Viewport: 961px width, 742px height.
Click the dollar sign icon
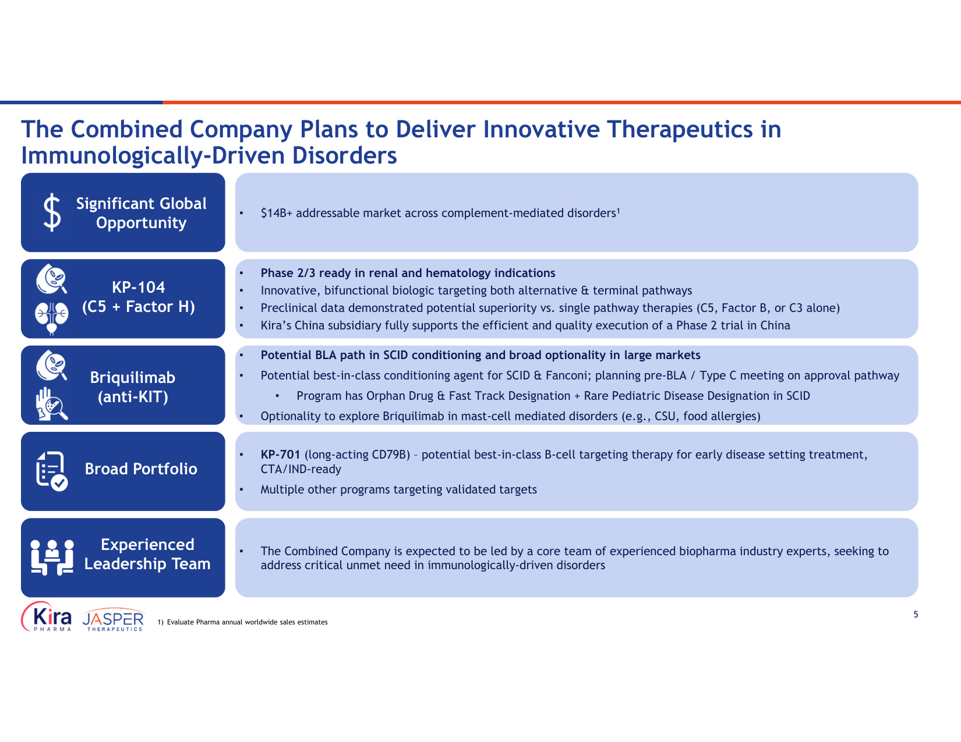52,212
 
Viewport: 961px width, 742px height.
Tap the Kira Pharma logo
47,616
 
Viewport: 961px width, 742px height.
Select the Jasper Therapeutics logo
113,620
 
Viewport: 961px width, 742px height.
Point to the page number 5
916,615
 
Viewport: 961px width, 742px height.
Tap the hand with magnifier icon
52,404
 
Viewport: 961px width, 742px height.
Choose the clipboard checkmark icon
52,471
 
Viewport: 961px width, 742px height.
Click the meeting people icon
52,558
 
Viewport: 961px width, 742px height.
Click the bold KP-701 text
280,455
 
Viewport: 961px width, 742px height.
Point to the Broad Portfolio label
141,468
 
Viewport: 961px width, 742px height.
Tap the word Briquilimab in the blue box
133,378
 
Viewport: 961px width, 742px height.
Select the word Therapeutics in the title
680,129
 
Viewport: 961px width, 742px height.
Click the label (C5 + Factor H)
139,306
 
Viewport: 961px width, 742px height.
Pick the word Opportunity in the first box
141,223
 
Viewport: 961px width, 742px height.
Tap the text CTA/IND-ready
301,469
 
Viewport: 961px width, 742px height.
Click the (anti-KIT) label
133,397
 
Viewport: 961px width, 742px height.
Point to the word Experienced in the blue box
147,545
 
